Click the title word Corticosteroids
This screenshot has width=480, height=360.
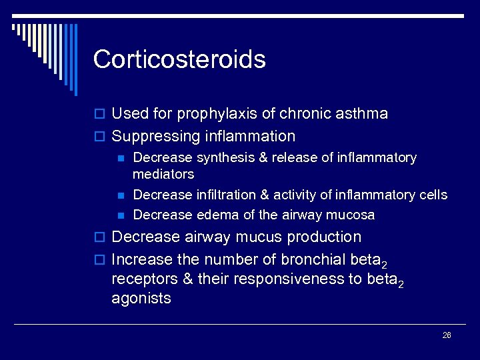179,59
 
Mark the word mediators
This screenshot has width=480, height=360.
163,174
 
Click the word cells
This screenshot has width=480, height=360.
433,195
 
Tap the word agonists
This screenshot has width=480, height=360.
141,299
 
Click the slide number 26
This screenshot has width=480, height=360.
447,335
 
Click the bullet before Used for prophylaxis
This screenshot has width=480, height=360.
101,115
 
